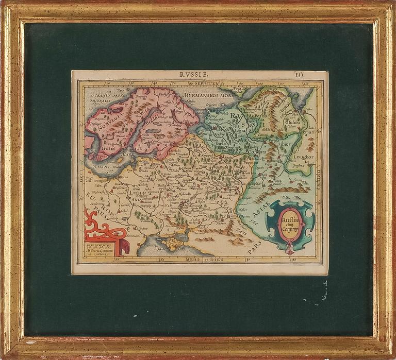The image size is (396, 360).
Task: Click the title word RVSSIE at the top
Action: coord(194,75)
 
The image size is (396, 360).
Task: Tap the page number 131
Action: coord(313,74)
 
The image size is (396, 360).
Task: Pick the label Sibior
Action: coord(285,144)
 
